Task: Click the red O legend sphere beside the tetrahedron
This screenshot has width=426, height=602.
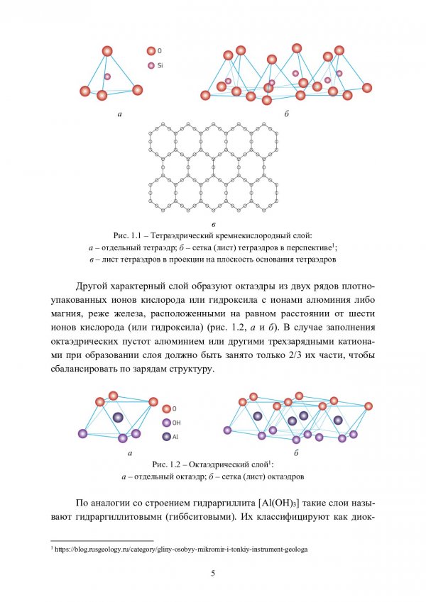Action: tap(151, 51)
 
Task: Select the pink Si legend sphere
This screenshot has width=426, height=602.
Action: tap(151, 65)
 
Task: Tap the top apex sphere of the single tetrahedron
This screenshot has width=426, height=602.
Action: tap(107, 51)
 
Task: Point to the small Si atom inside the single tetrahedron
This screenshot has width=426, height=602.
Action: tap(107, 77)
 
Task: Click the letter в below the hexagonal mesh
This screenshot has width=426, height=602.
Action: tap(213, 223)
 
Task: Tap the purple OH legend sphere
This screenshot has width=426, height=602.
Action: tap(166, 423)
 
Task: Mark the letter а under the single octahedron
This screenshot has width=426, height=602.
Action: tap(130, 452)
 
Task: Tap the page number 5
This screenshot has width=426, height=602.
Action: tap(213, 573)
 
